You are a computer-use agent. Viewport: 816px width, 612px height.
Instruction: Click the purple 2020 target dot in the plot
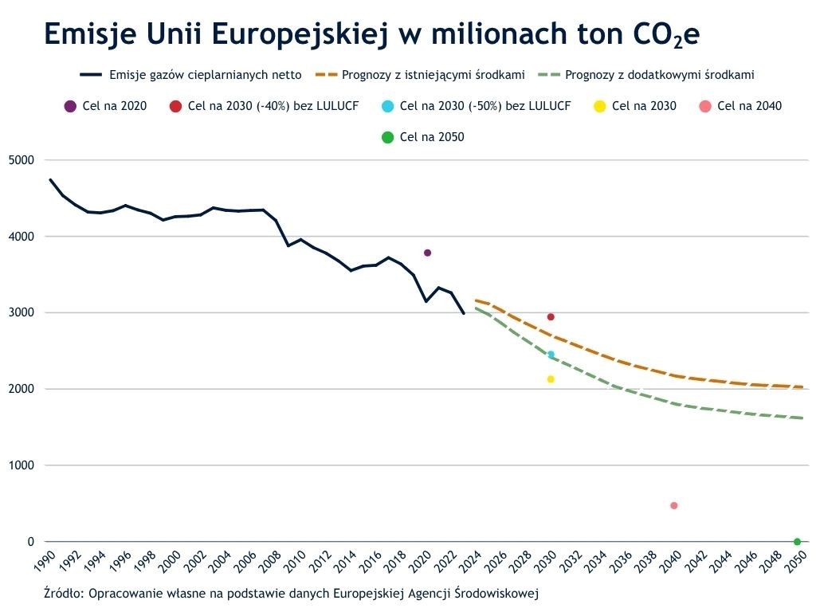427,253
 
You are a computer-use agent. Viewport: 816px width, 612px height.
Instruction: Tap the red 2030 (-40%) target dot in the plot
551,317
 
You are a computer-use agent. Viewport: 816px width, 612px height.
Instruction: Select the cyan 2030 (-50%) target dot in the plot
551,355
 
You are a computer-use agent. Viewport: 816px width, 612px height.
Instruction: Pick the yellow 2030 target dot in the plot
551,379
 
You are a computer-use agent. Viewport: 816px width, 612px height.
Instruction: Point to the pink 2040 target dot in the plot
674,505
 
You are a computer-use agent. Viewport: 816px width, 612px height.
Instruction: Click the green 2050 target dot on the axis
797,542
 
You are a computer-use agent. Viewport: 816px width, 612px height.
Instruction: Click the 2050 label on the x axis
795,561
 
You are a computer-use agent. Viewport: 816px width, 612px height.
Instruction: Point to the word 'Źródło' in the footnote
63,594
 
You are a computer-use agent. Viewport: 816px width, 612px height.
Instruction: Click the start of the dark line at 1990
50,180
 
